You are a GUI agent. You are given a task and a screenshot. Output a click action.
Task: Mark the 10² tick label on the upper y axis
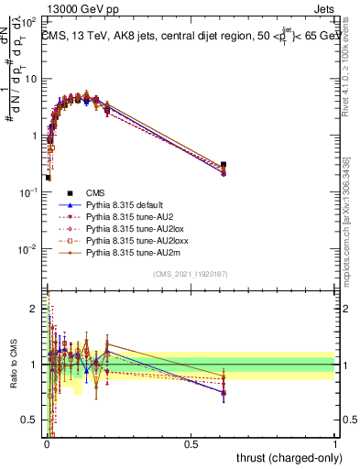click(29, 21)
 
